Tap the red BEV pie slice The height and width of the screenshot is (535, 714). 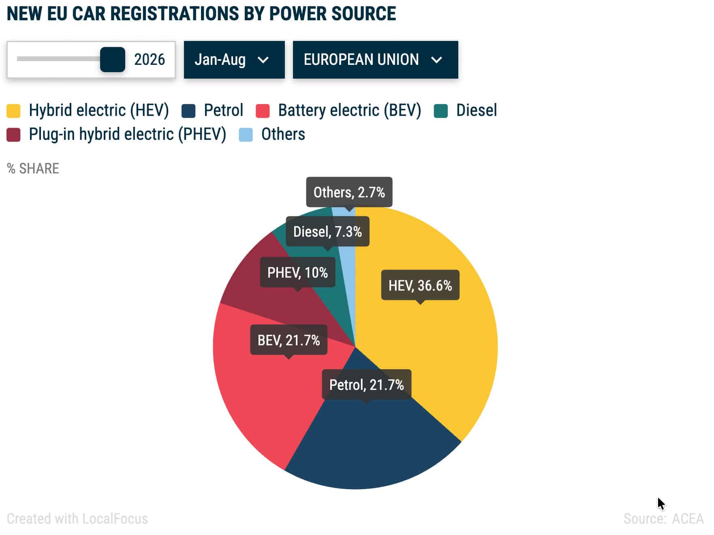[x=259, y=389]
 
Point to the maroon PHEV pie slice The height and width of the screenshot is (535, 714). [x=259, y=296]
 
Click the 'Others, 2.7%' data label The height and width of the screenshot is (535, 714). [x=349, y=192]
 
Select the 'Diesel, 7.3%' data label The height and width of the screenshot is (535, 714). [x=327, y=231]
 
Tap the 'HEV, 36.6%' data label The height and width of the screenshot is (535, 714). [x=420, y=285]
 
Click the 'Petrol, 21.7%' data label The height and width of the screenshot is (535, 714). [x=366, y=385]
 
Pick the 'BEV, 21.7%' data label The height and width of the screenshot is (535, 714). [x=289, y=340]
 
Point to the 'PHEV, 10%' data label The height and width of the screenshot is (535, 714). [x=297, y=272]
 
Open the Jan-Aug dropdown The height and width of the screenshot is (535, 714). [x=234, y=60]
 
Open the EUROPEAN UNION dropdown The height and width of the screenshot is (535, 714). [x=376, y=60]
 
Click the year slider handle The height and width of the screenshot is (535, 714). [x=113, y=60]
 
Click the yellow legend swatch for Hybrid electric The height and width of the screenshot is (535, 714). [x=13, y=111]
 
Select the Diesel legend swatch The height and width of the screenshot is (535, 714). [x=440, y=111]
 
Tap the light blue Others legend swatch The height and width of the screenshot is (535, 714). [x=246, y=135]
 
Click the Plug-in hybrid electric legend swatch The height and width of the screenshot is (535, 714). [x=13, y=135]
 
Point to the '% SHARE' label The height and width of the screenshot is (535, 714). [x=33, y=168]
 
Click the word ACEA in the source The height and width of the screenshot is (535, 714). [x=688, y=518]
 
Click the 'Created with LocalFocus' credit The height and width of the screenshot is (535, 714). [x=77, y=518]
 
